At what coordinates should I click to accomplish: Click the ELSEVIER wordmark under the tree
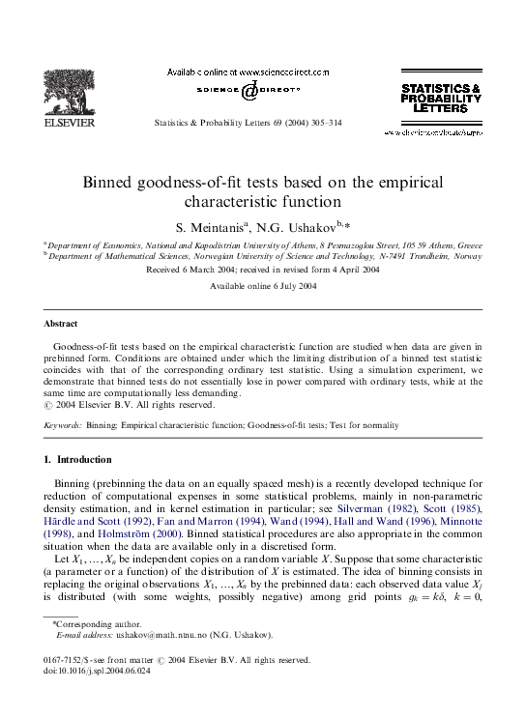click(71, 123)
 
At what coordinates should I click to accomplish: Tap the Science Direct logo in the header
click(248, 90)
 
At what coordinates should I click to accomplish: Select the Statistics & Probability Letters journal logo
click(441, 98)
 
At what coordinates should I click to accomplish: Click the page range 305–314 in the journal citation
click(324, 124)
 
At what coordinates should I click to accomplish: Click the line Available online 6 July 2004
click(262, 287)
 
